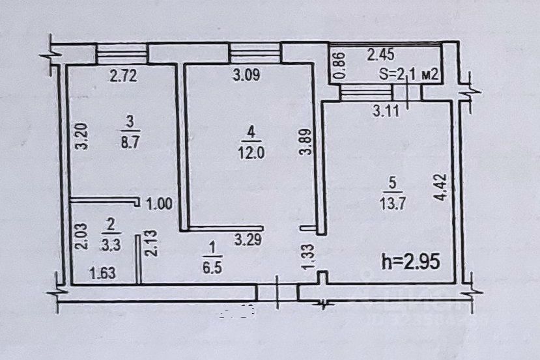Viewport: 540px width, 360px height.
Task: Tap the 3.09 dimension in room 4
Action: coord(246,76)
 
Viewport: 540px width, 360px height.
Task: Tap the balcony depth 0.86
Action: coord(339,65)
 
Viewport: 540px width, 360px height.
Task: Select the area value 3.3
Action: coord(111,247)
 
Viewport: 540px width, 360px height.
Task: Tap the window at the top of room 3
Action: coord(122,53)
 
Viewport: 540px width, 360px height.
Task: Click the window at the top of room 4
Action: coord(255,52)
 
